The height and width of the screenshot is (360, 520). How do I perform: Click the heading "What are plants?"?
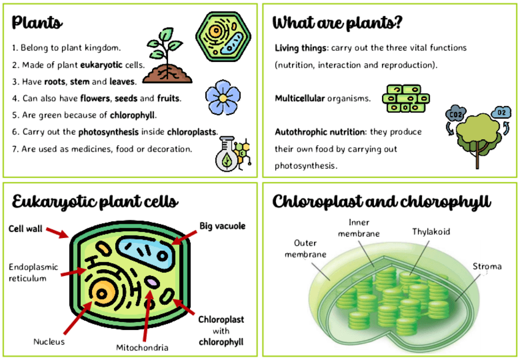tap(337, 24)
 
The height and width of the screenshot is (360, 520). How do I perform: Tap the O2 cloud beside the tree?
tap(501, 112)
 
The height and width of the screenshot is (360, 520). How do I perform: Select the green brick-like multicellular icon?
tap(405, 98)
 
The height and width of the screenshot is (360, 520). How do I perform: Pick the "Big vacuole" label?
tap(222, 226)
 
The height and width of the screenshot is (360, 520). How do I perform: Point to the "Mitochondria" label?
tap(142, 348)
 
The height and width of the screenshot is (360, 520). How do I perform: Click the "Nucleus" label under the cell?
tap(49, 341)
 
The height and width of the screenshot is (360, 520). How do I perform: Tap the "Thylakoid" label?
tap(431, 232)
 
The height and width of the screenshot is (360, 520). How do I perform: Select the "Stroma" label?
tap(487, 266)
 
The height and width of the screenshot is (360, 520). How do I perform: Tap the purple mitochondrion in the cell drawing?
tap(151, 283)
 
